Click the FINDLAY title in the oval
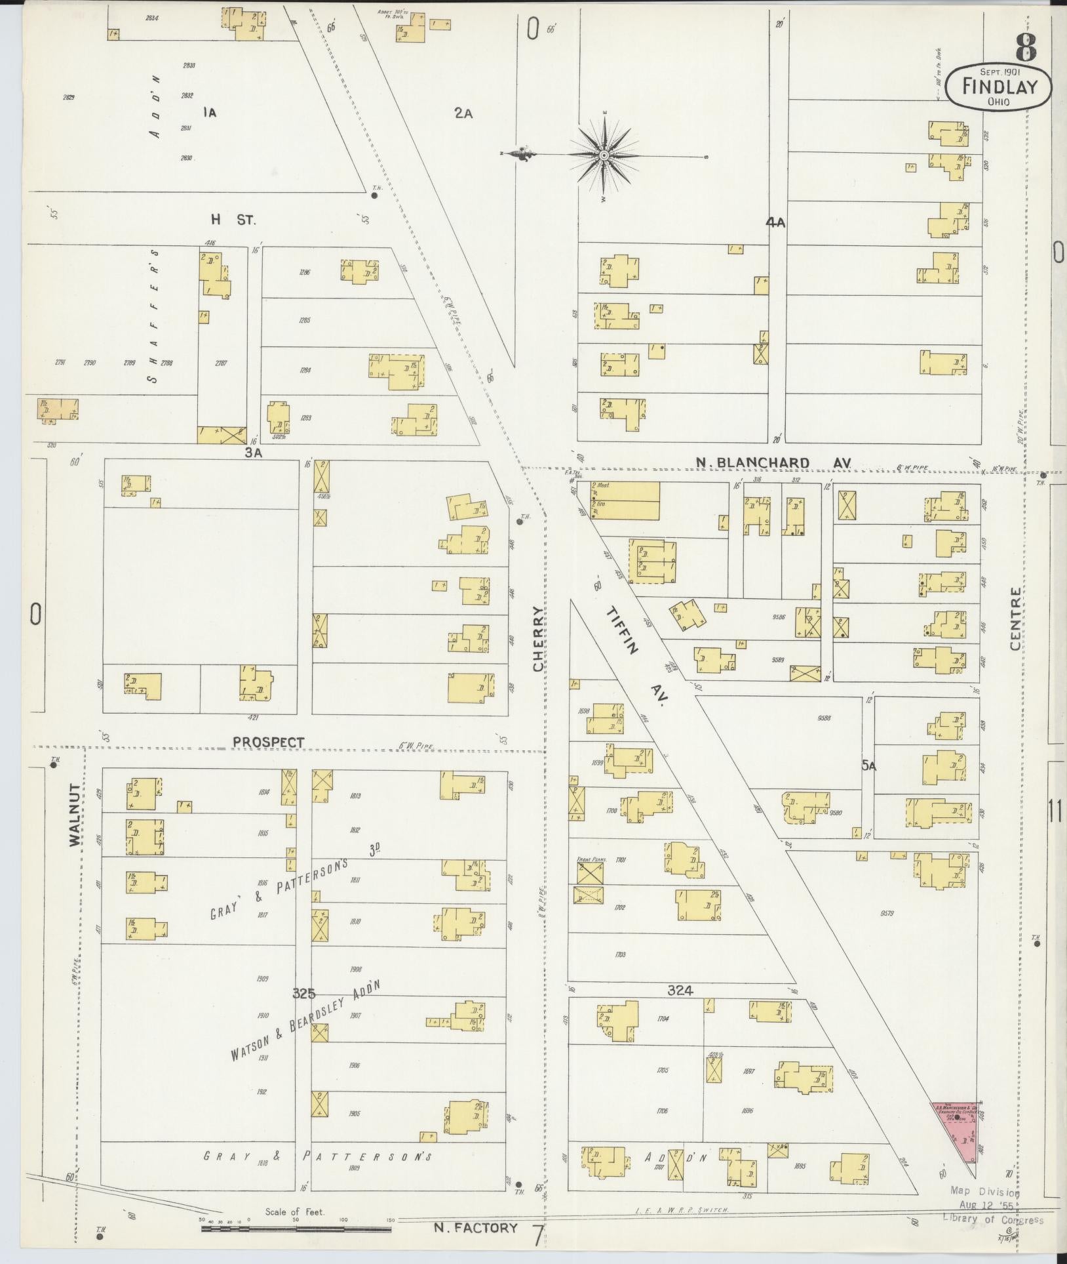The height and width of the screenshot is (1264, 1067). [x=998, y=86]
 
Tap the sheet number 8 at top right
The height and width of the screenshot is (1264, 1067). [x=1026, y=47]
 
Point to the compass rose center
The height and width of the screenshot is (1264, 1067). [x=603, y=155]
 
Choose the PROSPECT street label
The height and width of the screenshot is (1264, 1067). [x=269, y=742]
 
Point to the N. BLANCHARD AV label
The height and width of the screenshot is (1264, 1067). [x=773, y=463]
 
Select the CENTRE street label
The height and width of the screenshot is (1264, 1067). [x=1015, y=619]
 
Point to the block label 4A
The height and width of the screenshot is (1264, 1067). [x=775, y=223]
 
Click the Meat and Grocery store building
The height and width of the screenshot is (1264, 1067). [x=624, y=500]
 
